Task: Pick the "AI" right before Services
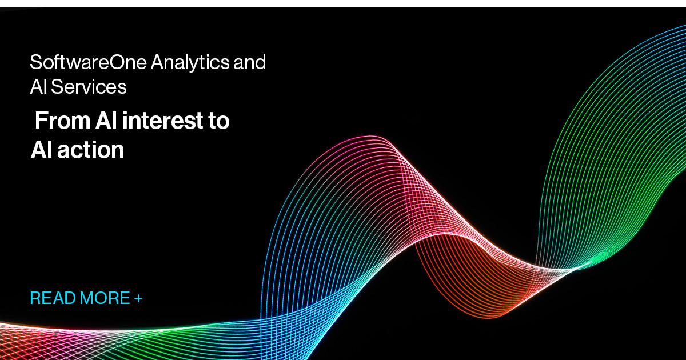click(38, 87)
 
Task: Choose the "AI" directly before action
click(41, 150)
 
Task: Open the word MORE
click(105, 298)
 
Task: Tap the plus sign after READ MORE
click(138, 298)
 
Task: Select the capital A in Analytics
click(157, 62)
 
